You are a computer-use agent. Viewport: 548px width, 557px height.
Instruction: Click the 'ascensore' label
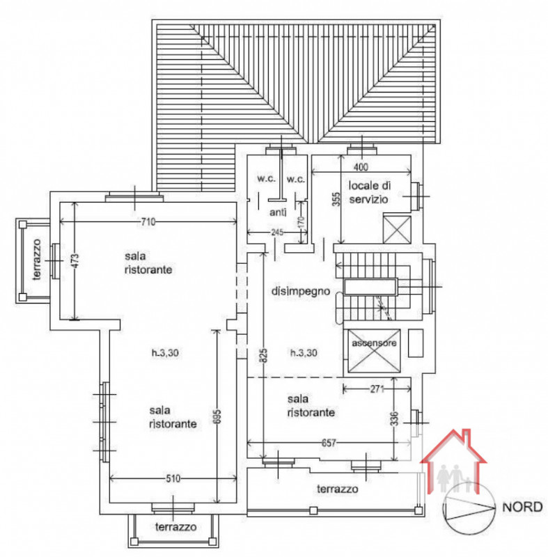point(374,344)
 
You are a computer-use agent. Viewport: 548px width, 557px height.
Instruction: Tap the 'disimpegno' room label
point(299,292)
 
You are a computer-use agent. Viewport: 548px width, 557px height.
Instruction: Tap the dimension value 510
point(173,478)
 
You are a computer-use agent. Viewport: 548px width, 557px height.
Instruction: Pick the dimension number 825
point(264,356)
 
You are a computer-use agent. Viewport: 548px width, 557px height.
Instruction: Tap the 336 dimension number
point(394,419)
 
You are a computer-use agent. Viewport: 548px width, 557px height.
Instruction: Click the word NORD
point(522,508)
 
